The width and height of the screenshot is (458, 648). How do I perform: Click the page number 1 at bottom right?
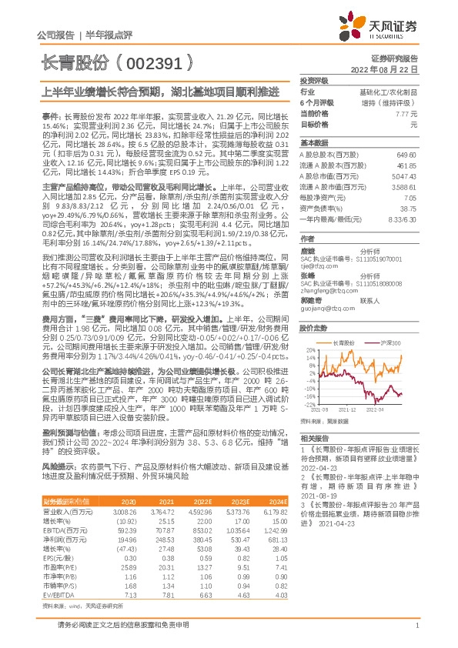(x=416, y=627)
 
